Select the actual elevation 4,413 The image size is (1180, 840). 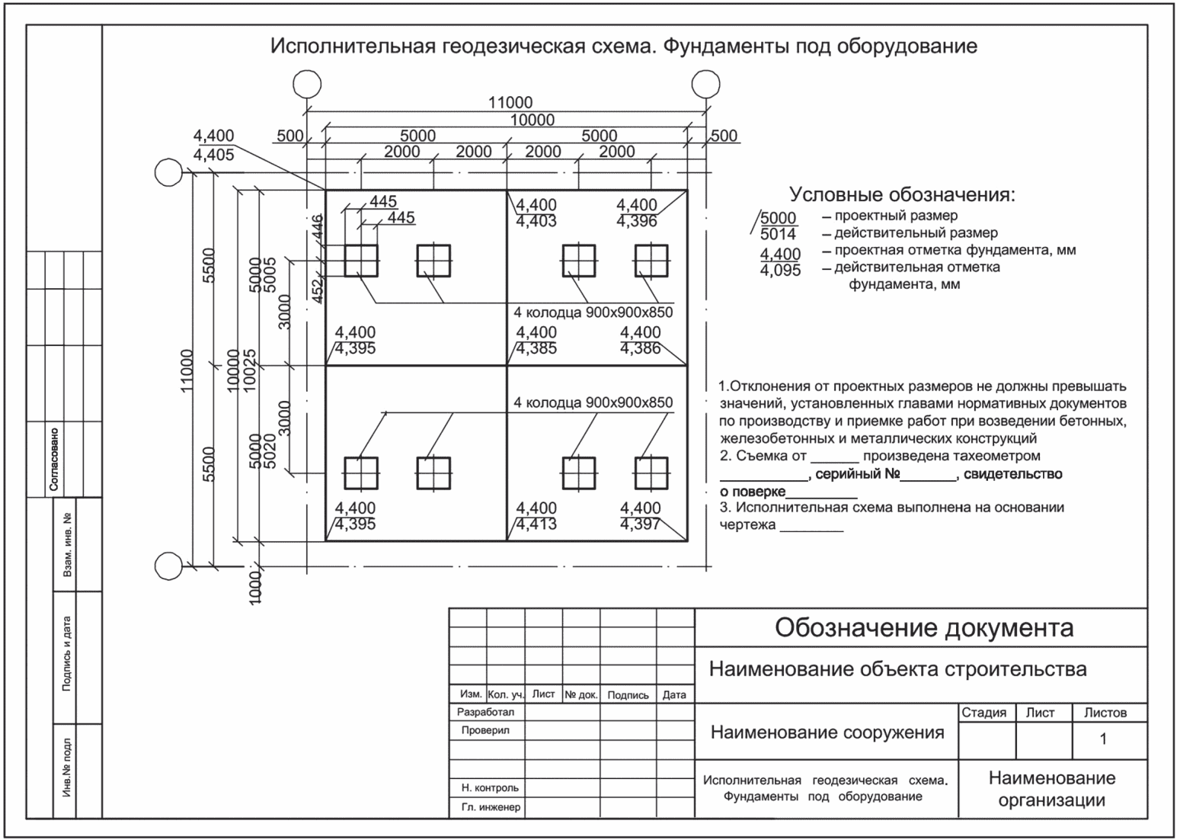click(536, 524)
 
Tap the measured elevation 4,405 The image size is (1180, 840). click(214, 155)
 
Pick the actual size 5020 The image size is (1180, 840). click(267, 451)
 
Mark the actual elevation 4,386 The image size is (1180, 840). click(640, 349)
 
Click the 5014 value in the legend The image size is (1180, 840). click(778, 234)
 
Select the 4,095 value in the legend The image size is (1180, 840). click(781, 271)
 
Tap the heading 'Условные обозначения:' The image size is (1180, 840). click(902, 194)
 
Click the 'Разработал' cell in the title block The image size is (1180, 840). click(485, 712)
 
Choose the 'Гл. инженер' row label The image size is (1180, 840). click(491, 807)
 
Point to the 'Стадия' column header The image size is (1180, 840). click(983, 713)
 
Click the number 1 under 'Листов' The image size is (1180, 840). click(1103, 739)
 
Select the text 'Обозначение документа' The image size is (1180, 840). click(924, 628)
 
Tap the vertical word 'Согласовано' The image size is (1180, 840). click(54, 458)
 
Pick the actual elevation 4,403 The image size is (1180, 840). click(536, 222)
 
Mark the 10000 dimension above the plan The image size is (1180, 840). click(532, 120)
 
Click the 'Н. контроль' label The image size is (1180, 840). click(490, 788)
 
